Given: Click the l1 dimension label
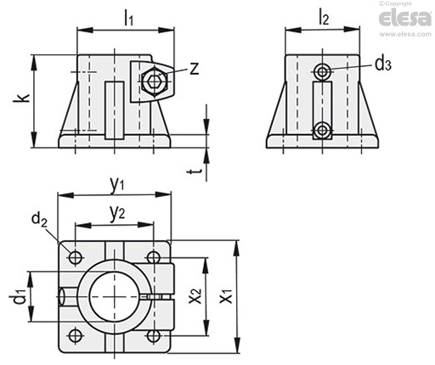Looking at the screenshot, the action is pyautogui.click(x=129, y=20).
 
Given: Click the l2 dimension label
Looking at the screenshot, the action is pyautogui.click(x=324, y=18).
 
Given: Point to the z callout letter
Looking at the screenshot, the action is pyautogui.click(x=195, y=69).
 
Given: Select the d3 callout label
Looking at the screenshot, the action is pyautogui.click(x=383, y=64).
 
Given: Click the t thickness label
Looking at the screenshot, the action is pyautogui.click(x=195, y=171).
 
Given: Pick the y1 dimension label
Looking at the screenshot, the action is pyautogui.click(x=117, y=186).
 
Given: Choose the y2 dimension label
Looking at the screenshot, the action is pyautogui.click(x=117, y=214).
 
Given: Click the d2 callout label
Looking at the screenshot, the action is pyautogui.click(x=39, y=220).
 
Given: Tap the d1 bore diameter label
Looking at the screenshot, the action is pyautogui.click(x=20, y=296).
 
